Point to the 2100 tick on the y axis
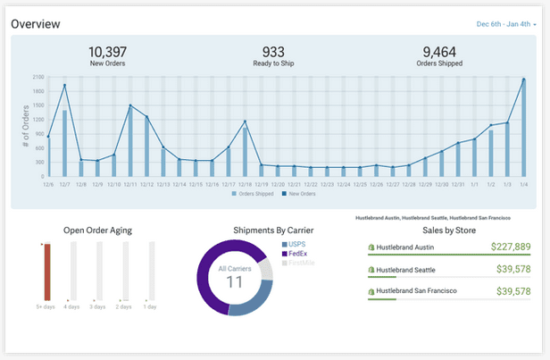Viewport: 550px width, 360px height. (x=37, y=77)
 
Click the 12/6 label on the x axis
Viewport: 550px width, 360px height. (x=48, y=184)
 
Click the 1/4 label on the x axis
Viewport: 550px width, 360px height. (x=523, y=184)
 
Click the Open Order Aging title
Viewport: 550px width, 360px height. (x=97, y=230)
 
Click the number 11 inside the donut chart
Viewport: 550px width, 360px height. (x=234, y=282)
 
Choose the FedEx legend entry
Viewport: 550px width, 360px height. (x=297, y=254)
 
